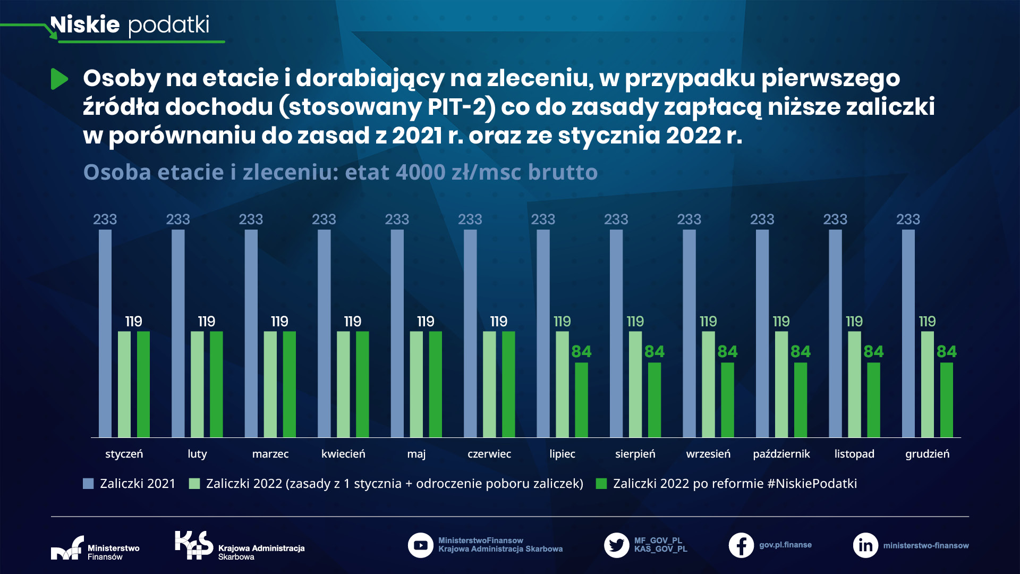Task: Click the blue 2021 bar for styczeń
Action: tap(105, 333)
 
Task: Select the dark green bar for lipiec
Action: tap(581, 400)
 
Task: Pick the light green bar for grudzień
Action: tap(927, 384)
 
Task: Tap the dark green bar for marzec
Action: tap(289, 384)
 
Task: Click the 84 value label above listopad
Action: tap(873, 351)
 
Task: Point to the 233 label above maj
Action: tap(397, 219)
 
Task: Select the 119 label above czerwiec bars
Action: tap(498, 321)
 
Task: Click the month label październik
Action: tap(781, 454)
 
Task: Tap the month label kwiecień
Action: tap(343, 454)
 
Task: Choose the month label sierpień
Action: tap(635, 454)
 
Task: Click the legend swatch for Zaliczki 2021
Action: tap(88, 484)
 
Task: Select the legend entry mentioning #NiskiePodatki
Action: tap(734, 484)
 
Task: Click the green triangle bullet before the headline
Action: tap(59, 79)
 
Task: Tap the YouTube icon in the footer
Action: tap(420, 545)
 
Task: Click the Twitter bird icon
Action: tap(616, 545)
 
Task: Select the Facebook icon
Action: tap(741, 545)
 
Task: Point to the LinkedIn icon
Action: tap(865, 545)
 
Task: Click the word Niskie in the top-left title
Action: tap(85, 25)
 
